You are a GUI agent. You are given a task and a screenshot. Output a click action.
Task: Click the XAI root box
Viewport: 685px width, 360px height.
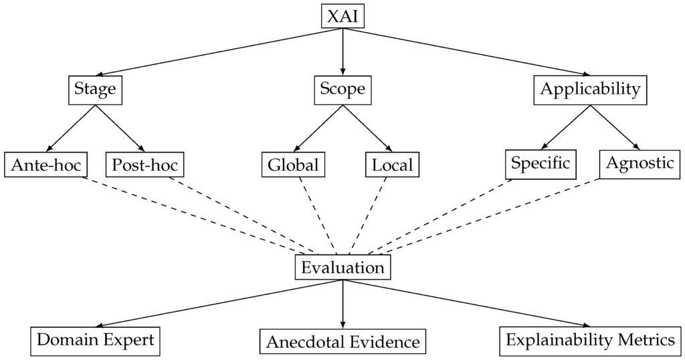[343, 16]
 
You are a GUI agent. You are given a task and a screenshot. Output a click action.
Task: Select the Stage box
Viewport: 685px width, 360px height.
[95, 90]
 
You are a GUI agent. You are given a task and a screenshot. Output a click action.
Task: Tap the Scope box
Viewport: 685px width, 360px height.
[343, 90]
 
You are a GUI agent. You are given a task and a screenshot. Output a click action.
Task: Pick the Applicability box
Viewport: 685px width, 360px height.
[590, 90]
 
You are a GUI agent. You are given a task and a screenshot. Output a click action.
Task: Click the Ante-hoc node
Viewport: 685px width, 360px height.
[46, 165]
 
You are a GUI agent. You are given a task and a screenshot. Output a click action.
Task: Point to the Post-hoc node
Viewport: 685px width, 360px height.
[145, 165]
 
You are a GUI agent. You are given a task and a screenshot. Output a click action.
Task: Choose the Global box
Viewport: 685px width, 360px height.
[294, 165]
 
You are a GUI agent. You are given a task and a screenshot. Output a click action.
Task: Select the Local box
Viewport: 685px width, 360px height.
[392, 165]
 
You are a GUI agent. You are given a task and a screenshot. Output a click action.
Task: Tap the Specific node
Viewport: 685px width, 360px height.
[541, 164]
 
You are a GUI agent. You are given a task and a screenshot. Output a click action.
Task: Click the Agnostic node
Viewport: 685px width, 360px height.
[640, 164]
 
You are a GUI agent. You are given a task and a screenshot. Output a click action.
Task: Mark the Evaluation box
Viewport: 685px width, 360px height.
[343, 267]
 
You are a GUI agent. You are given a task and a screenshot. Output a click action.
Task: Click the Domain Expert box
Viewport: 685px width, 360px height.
[95, 341]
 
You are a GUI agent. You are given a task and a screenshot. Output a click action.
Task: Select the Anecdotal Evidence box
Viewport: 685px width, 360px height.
[343, 341]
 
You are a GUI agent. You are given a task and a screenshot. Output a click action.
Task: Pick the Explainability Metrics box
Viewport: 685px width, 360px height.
[591, 341]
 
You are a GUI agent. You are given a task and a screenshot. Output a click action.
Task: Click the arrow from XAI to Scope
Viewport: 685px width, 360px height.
[343, 52]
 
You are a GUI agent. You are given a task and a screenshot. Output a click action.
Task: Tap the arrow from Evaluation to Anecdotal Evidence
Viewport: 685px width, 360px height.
[343, 304]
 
